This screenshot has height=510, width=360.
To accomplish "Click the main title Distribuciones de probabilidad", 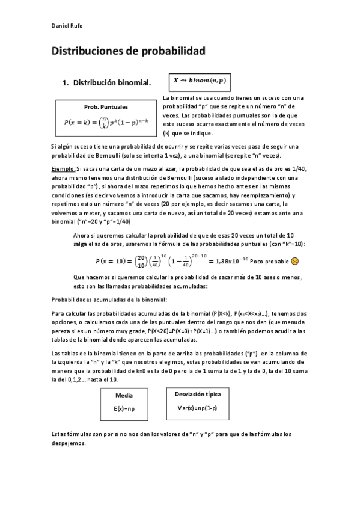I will click(x=128, y=52).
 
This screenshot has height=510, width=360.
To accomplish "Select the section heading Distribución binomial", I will click(x=112, y=82).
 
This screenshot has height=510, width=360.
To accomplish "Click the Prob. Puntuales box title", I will click(x=106, y=106).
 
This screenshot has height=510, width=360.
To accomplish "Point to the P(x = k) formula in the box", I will click(x=106, y=121).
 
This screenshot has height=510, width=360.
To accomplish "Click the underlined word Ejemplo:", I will click(x=64, y=170).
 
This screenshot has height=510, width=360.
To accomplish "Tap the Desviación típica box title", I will click(x=198, y=394).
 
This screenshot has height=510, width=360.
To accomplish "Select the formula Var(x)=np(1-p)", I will click(x=198, y=408).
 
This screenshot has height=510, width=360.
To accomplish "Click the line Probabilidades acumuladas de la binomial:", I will click(x=109, y=299).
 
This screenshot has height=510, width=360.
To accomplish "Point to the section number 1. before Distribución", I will click(x=66, y=82).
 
